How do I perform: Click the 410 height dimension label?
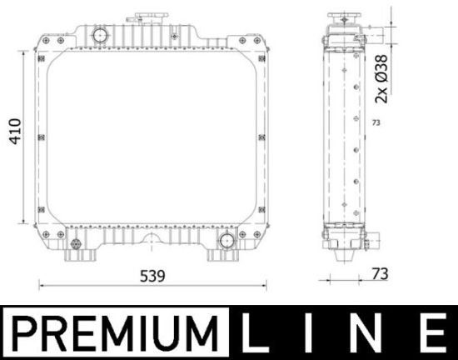[x=16, y=131]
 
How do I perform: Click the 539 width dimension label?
[x=152, y=276]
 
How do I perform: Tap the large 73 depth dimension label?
[x=380, y=274]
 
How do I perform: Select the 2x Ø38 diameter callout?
[x=381, y=79]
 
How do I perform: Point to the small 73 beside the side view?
[x=376, y=122]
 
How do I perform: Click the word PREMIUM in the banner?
[x=116, y=333]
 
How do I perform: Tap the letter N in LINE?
[x=369, y=332]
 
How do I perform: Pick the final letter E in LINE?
[x=433, y=332]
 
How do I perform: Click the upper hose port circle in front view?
[x=101, y=35]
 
